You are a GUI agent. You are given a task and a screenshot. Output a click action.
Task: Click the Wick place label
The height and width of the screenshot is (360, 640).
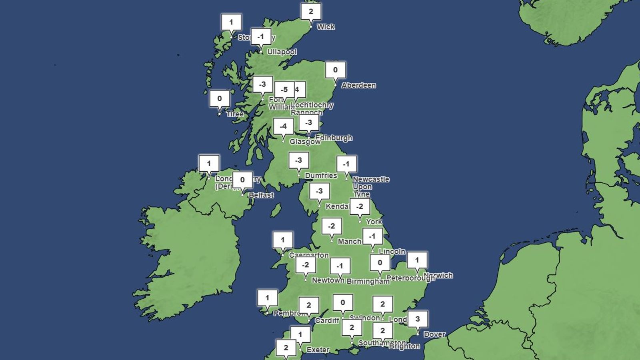point(326,27)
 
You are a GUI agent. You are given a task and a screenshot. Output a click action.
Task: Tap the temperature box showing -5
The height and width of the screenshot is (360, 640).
point(284,90)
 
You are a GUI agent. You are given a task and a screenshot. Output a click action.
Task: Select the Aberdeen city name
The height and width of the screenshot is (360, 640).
point(358,85)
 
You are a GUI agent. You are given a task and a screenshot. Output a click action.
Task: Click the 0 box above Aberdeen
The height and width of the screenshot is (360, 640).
point(335,70)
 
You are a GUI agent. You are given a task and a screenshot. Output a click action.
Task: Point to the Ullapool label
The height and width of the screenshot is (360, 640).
point(282,52)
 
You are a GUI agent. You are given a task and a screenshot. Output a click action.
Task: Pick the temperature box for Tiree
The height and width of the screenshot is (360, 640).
point(220,99)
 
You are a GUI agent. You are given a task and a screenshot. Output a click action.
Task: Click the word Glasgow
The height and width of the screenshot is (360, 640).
point(305,142)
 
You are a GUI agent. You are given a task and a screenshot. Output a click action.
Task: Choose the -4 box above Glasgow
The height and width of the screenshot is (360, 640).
point(283,126)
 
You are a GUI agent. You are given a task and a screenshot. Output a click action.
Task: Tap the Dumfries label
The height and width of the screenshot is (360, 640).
point(321,176)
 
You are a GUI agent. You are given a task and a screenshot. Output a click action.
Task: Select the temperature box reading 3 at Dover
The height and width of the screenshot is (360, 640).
point(418,319)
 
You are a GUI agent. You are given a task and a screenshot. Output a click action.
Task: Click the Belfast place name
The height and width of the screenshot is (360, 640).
point(261,195)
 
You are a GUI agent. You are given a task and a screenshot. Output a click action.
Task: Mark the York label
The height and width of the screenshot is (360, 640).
point(374,222)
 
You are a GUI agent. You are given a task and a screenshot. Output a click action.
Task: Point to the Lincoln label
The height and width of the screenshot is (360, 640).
point(392,252)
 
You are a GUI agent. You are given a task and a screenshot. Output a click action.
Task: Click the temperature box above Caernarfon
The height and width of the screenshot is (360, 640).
point(283,240)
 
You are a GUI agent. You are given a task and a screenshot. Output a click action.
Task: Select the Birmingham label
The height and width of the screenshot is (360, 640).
point(368,281)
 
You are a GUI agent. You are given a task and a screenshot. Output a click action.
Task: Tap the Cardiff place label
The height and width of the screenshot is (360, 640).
point(327,321)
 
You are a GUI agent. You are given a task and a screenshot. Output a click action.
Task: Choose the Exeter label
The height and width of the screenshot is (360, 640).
point(318,350)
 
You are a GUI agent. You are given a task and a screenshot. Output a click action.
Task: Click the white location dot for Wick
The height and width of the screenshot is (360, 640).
point(311,27)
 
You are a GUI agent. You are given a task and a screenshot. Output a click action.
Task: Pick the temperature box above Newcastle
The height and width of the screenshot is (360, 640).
point(346,164)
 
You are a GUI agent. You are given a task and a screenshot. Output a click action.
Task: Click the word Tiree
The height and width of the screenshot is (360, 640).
point(235,114)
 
